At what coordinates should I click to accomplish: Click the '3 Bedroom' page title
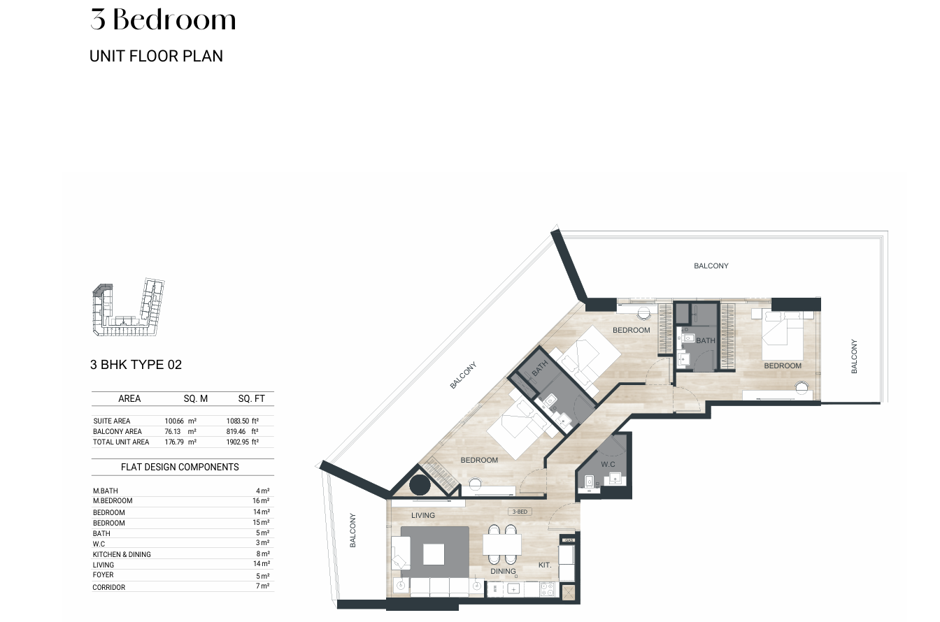click(x=163, y=20)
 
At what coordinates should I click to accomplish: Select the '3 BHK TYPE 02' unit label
click(x=136, y=365)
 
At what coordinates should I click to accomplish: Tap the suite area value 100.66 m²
click(x=180, y=421)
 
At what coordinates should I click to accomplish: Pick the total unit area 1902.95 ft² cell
click(x=243, y=442)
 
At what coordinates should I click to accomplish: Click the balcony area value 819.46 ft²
click(x=242, y=431)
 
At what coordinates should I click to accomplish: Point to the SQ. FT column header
click(x=251, y=398)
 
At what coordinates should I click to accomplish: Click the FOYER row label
click(x=104, y=574)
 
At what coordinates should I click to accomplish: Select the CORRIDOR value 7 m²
click(x=263, y=586)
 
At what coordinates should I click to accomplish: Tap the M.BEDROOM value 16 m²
click(x=261, y=500)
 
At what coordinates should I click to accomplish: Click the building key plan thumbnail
click(x=128, y=307)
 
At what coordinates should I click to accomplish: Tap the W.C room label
click(x=608, y=464)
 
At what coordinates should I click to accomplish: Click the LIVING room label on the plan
click(x=423, y=515)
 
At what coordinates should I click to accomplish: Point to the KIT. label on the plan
click(x=545, y=565)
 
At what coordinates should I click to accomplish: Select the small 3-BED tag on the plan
click(x=520, y=512)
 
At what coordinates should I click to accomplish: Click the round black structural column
click(x=420, y=486)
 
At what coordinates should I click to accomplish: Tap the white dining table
click(x=502, y=544)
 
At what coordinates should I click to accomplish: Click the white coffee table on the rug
click(x=434, y=554)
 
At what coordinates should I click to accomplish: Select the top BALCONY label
click(x=711, y=266)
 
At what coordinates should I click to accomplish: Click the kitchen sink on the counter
click(x=513, y=589)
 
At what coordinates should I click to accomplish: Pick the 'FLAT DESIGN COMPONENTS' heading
click(x=180, y=467)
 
